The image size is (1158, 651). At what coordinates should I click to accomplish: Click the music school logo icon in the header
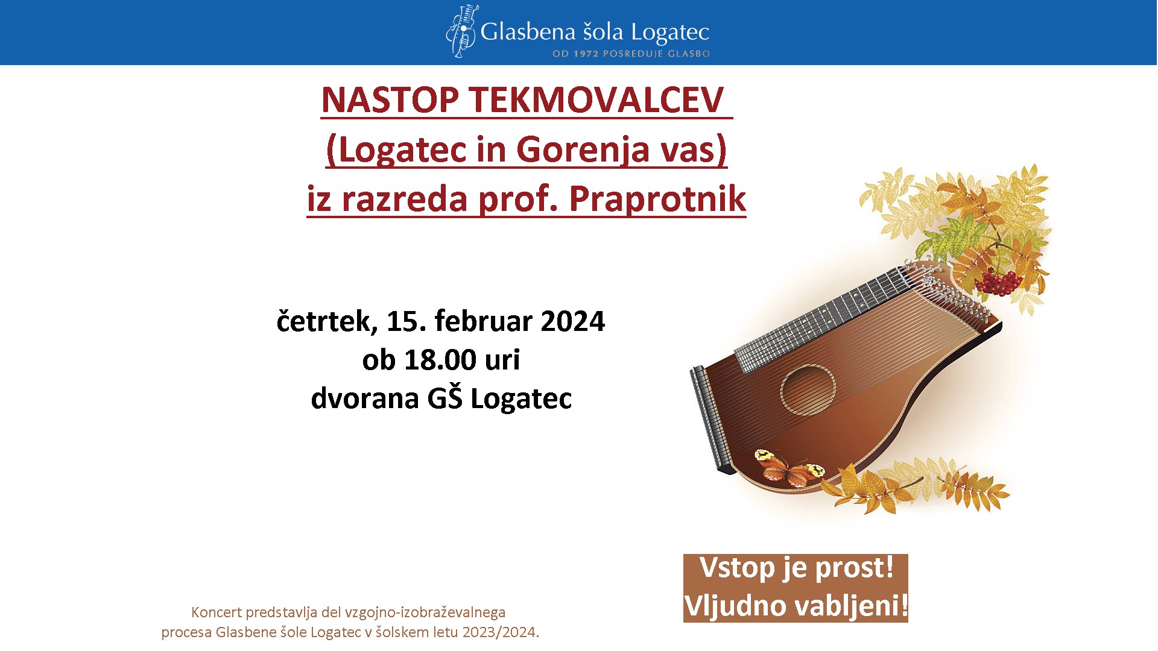point(462,31)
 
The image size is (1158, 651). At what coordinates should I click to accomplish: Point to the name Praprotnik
point(657,200)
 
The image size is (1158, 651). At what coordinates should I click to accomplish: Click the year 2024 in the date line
point(572,321)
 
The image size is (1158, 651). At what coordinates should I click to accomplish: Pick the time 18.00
point(440,360)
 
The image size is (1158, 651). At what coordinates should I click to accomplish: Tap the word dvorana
point(364,398)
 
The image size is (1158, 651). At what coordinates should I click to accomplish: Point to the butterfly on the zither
point(788,468)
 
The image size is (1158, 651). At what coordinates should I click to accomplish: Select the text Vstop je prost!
point(796,568)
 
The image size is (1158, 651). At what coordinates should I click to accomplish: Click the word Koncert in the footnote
point(216,612)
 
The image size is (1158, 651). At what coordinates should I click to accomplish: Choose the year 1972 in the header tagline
point(586,54)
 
